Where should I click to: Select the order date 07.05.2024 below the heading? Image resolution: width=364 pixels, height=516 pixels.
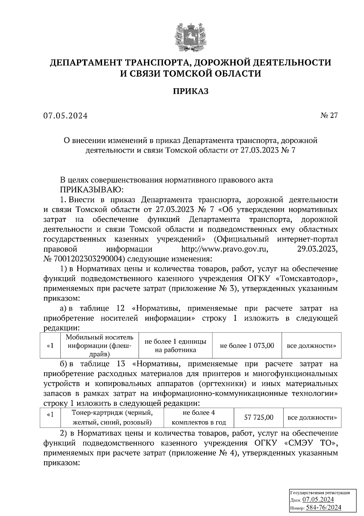pos(65,116)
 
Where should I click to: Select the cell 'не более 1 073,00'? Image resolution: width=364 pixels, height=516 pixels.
pos(247,346)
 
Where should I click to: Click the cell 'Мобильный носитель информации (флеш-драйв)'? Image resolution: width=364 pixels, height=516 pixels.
pos(99,346)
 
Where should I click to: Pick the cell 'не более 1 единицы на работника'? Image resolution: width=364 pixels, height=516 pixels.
pos(175,346)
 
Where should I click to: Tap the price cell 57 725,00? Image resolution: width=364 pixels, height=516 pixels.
pos(259,418)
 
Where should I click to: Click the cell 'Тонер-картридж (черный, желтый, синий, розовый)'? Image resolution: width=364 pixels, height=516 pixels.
pos(112,418)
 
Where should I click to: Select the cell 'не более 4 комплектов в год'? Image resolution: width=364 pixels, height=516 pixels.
pos(199,418)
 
